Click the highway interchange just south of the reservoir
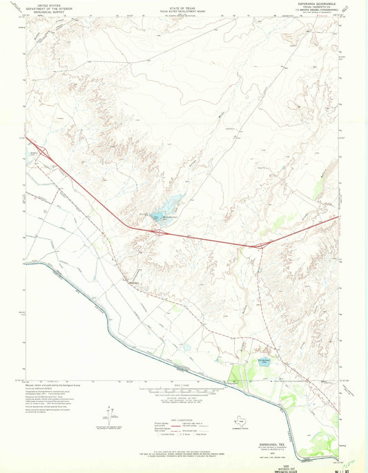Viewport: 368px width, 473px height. [x=159, y=233]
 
